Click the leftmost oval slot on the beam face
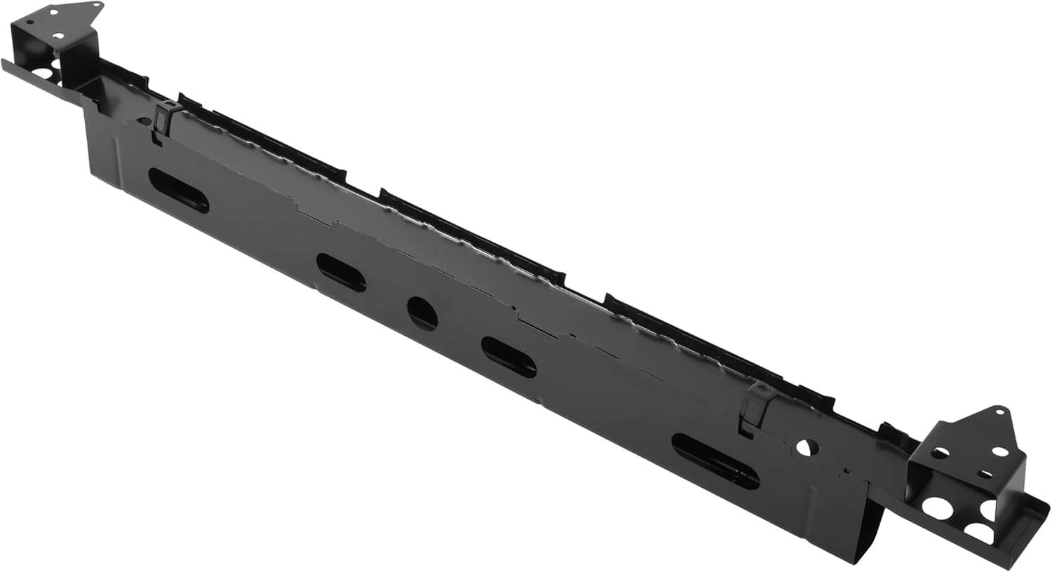[178, 190]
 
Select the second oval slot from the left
[341, 272]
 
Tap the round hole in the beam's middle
[422, 313]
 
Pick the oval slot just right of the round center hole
[508, 357]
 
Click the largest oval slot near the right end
[715, 461]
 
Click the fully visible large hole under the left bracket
[42, 73]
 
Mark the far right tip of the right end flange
[1048, 503]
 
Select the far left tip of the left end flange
[3, 62]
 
